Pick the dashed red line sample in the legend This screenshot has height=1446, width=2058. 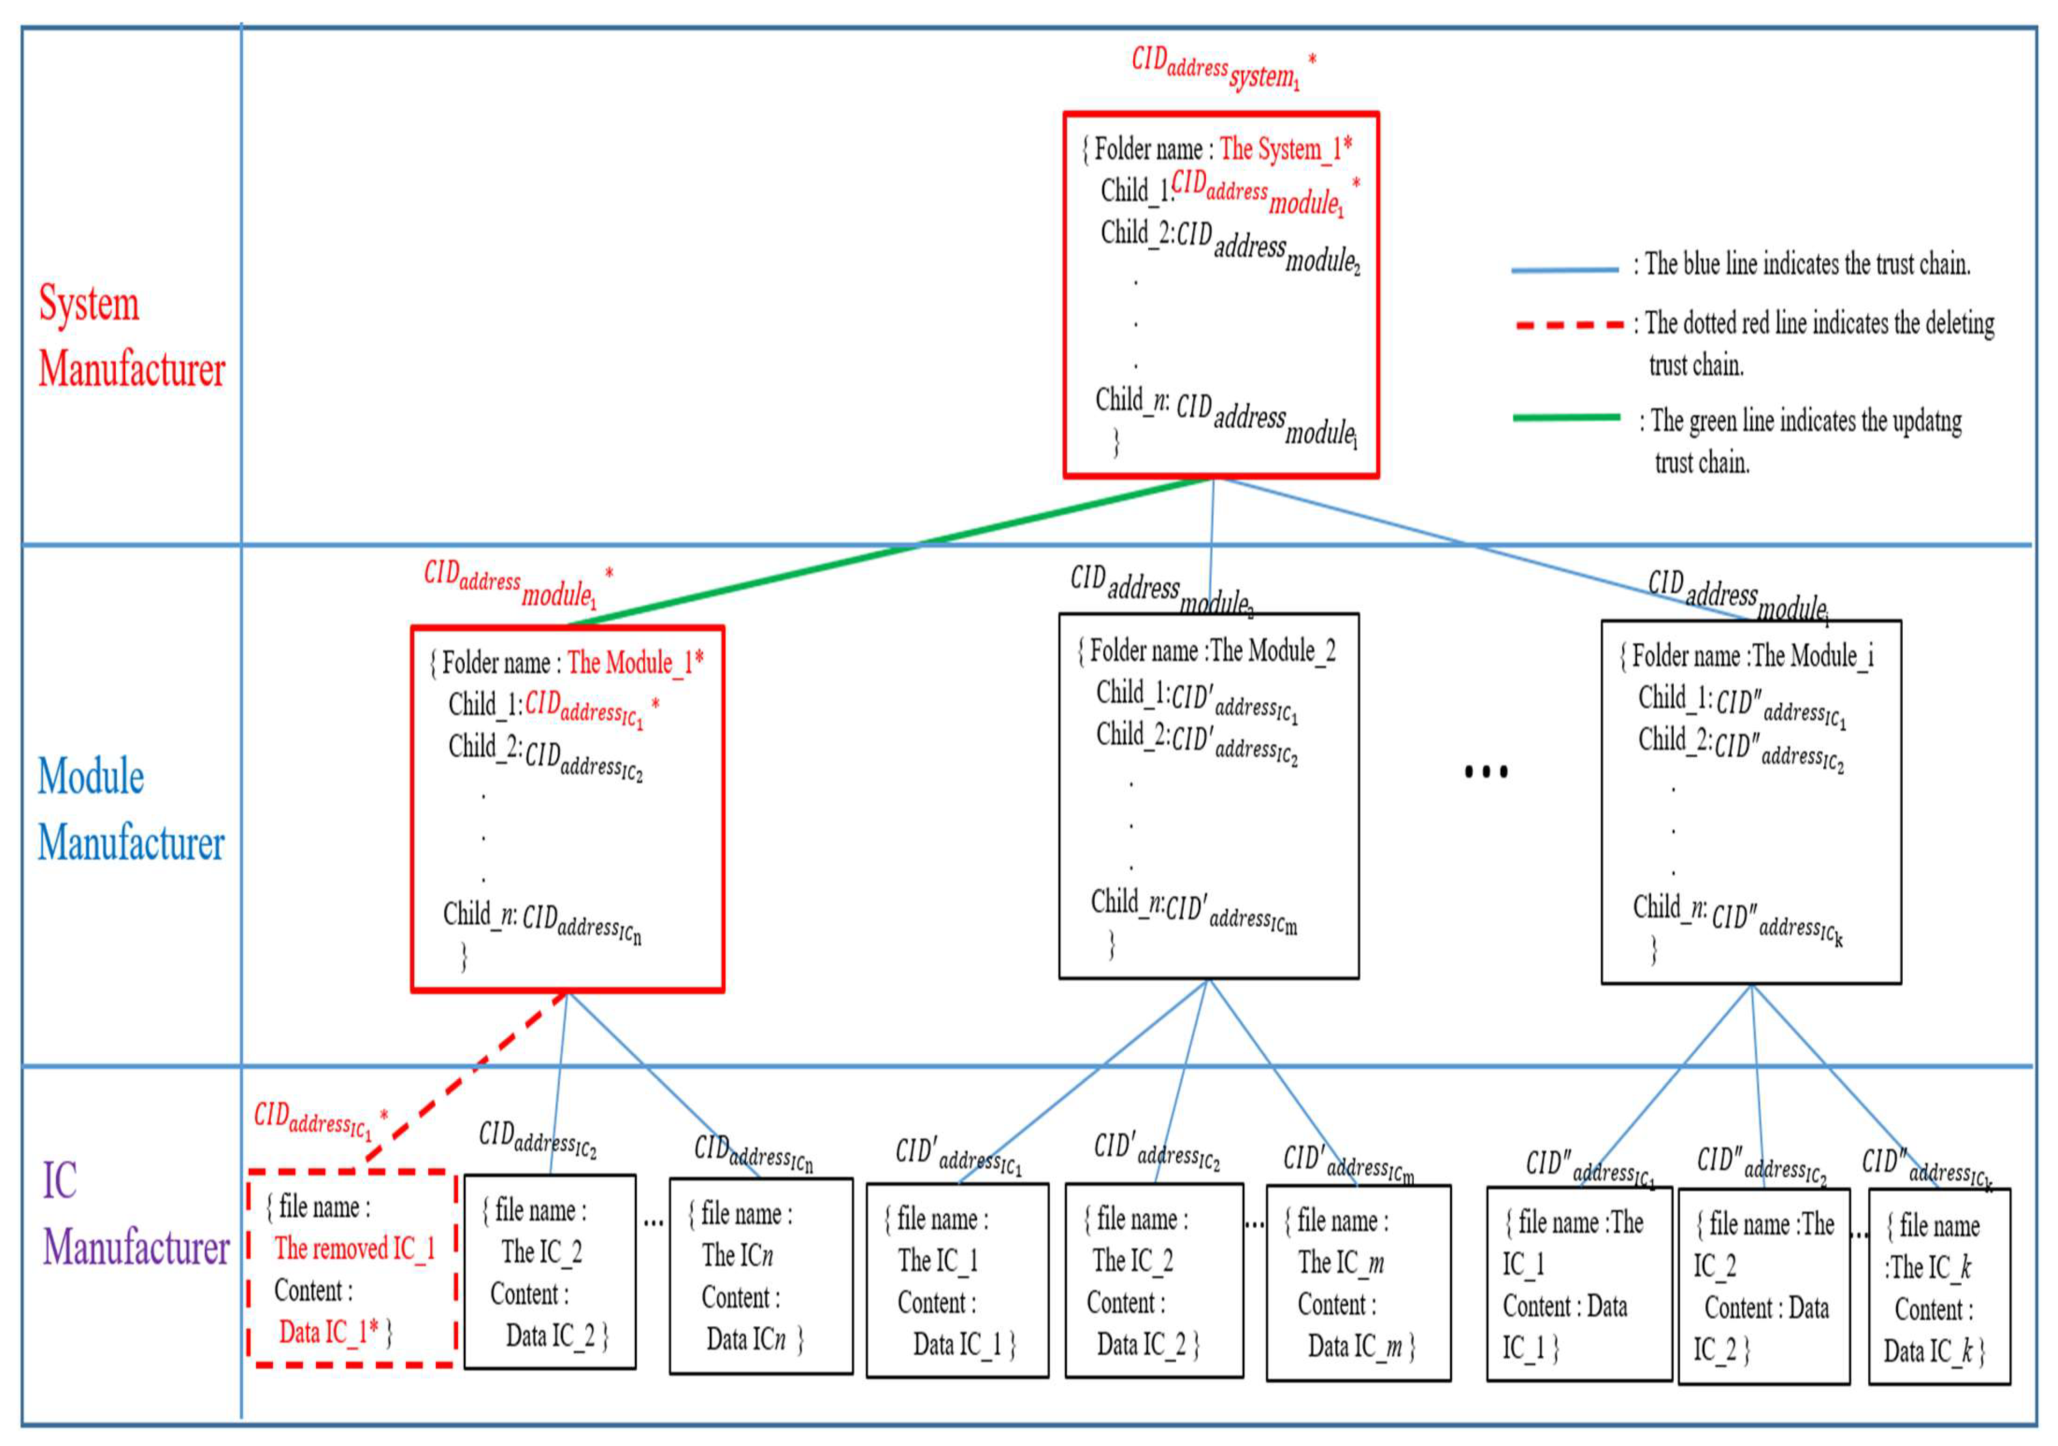(x=1569, y=324)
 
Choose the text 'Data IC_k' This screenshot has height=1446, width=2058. (x=1927, y=1351)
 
